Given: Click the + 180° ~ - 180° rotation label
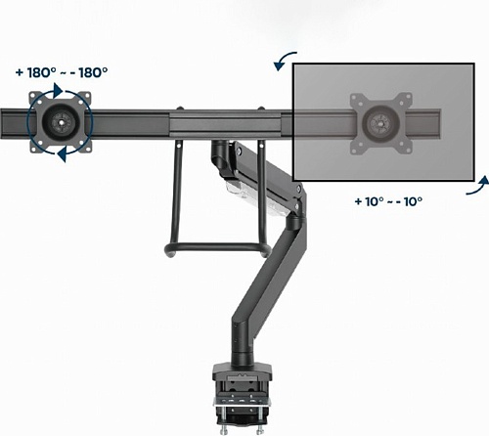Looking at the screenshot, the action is coord(62,72).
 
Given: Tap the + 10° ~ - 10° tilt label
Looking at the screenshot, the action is coord(388,201).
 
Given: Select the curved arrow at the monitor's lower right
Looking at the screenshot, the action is coord(478,186).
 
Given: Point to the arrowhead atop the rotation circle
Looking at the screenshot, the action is coord(58,90).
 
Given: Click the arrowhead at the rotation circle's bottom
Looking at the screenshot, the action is coord(63,154).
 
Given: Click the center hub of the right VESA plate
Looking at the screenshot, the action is coord(380,124).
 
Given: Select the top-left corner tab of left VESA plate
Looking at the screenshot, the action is coord(35,98).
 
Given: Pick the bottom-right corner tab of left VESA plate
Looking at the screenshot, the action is coord(85,148).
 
